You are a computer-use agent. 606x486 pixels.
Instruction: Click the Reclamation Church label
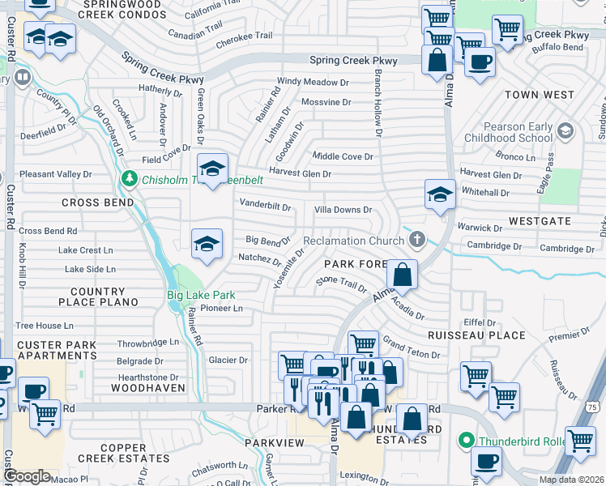(x=353, y=241)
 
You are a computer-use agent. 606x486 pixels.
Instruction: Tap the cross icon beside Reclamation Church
(x=416, y=239)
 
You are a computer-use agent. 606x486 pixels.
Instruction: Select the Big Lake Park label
(x=200, y=295)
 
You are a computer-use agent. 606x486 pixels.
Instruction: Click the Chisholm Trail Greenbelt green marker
(x=128, y=178)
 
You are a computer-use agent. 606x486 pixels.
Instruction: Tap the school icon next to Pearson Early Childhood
(x=565, y=130)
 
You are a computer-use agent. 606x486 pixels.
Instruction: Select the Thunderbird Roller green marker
(x=465, y=441)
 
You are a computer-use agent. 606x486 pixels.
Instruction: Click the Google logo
(x=28, y=476)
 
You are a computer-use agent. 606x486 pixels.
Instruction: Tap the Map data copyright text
(x=572, y=480)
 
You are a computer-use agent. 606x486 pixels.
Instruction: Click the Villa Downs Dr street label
(x=343, y=210)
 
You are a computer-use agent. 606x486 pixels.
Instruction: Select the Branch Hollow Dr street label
(x=378, y=101)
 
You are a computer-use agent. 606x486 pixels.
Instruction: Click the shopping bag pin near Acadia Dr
(x=402, y=276)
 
